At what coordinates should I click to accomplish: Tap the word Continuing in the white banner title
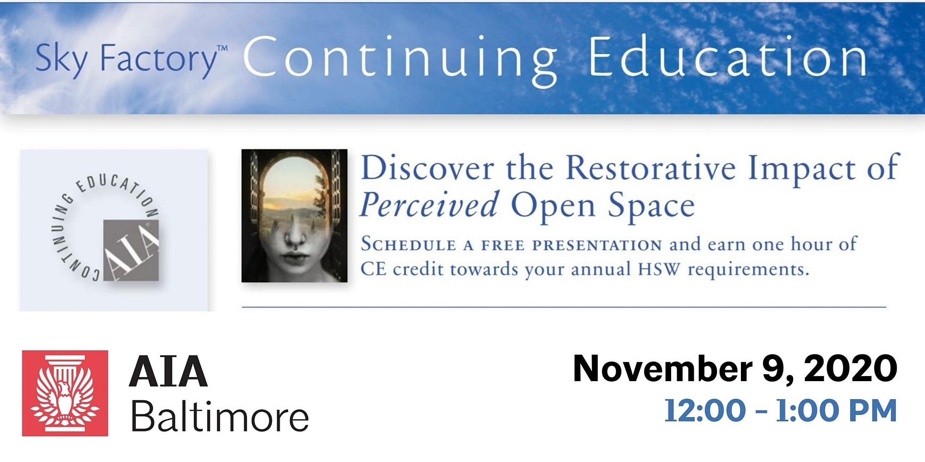(x=401, y=60)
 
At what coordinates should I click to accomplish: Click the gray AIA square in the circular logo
(x=131, y=250)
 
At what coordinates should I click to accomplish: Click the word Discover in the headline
(x=427, y=168)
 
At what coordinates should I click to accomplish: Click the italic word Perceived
(x=429, y=205)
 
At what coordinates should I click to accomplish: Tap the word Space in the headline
(x=651, y=206)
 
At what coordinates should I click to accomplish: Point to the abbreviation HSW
(x=659, y=269)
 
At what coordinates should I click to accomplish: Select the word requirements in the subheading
(x=748, y=270)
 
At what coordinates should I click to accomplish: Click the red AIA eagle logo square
(x=65, y=393)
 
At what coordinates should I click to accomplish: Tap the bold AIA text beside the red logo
(x=168, y=371)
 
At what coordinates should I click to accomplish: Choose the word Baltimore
(x=220, y=416)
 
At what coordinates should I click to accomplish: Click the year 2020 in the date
(x=851, y=369)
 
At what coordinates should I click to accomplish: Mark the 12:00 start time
(x=705, y=411)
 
